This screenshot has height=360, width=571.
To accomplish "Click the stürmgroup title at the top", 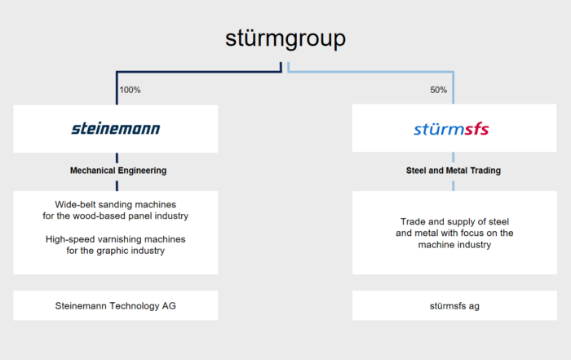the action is [285, 38].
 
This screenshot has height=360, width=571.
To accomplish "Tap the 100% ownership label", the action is [130, 90].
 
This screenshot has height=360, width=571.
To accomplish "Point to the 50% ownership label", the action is [439, 90].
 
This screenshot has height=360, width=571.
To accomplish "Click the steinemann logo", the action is [116, 129].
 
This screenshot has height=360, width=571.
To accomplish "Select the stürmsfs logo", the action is [451, 129].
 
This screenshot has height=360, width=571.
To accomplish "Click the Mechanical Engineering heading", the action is [118, 171].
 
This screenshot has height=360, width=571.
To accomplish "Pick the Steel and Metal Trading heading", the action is [454, 171].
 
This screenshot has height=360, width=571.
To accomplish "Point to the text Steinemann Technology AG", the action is [116, 305].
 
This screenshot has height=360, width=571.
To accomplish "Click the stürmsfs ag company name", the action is [454, 306].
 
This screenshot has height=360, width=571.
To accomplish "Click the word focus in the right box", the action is [474, 233].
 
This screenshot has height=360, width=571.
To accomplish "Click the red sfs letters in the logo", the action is [476, 129].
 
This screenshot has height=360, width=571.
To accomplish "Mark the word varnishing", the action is [108, 239].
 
